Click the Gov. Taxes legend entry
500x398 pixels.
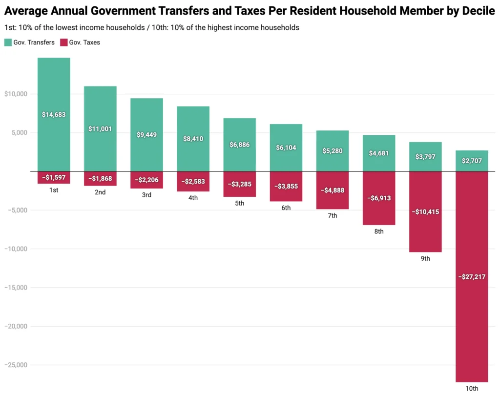(x=80, y=42)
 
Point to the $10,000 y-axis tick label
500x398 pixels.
(x=16, y=94)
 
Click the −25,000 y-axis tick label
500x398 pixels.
(x=16, y=365)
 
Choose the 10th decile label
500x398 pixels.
(x=472, y=389)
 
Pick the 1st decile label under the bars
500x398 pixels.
(x=54, y=190)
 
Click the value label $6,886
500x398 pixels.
(x=240, y=145)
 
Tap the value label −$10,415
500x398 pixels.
(x=425, y=212)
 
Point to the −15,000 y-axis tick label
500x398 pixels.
(x=16, y=288)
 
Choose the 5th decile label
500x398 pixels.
(x=240, y=203)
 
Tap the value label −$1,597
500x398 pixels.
(x=54, y=177)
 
